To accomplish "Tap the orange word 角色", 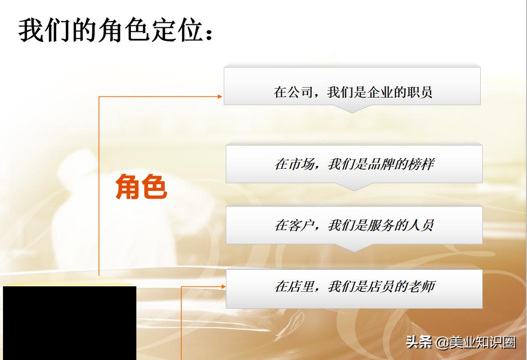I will click(141, 187).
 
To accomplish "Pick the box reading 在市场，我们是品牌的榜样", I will click(354, 164).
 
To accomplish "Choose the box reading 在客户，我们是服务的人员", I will click(354, 225).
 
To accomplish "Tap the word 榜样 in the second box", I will click(421, 164).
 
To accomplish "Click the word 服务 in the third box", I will click(381, 225).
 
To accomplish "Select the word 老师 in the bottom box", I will click(422, 287).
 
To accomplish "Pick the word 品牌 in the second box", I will click(381, 164).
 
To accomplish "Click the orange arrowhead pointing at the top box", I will click(220, 96).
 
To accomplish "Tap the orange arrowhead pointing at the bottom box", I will click(222, 286).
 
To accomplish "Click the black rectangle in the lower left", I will click(70, 323).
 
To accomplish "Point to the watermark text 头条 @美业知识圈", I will click(460, 343).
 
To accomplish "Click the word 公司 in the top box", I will click(300, 92).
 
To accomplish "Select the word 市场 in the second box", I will click(301, 164).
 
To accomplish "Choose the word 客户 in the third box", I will click(301, 225).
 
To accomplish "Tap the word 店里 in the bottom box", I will click(301, 287).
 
